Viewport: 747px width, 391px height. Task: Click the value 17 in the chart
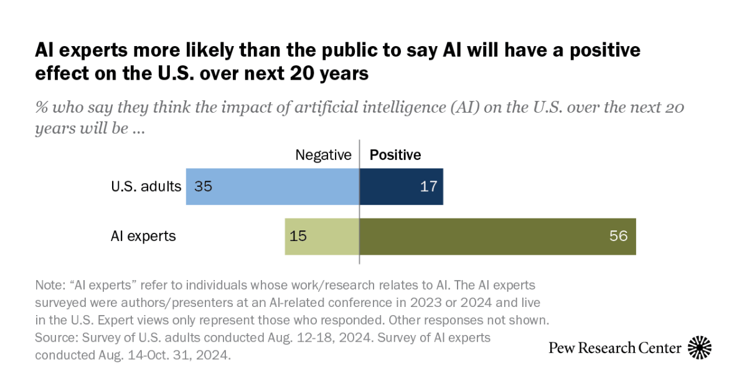429,186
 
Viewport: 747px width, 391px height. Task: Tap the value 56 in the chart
619,237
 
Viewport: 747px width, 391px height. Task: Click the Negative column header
323,154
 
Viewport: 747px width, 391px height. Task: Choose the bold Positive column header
395,154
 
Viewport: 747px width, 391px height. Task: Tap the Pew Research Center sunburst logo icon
700,347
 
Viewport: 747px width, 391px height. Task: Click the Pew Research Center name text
615,347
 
